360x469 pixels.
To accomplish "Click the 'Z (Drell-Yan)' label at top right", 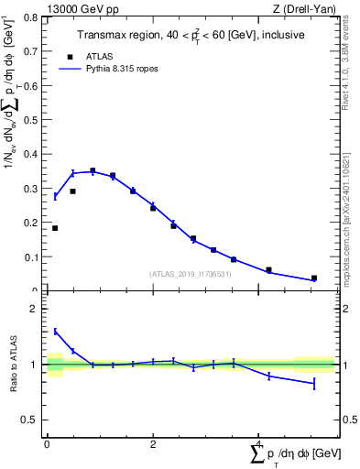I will (304, 8).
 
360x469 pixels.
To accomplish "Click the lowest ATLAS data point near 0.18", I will (55, 228).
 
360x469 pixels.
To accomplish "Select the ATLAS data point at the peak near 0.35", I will (93, 170).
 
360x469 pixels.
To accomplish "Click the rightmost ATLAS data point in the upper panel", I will (314, 278).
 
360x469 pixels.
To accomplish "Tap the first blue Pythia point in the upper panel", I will (55, 196).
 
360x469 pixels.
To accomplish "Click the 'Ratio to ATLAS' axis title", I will (13, 365).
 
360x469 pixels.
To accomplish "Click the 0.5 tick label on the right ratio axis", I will (348, 420).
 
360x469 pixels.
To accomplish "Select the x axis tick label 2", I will (152, 444).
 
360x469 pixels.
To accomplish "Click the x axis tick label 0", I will (47, 444).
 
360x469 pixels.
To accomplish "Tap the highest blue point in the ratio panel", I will (55, 331).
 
